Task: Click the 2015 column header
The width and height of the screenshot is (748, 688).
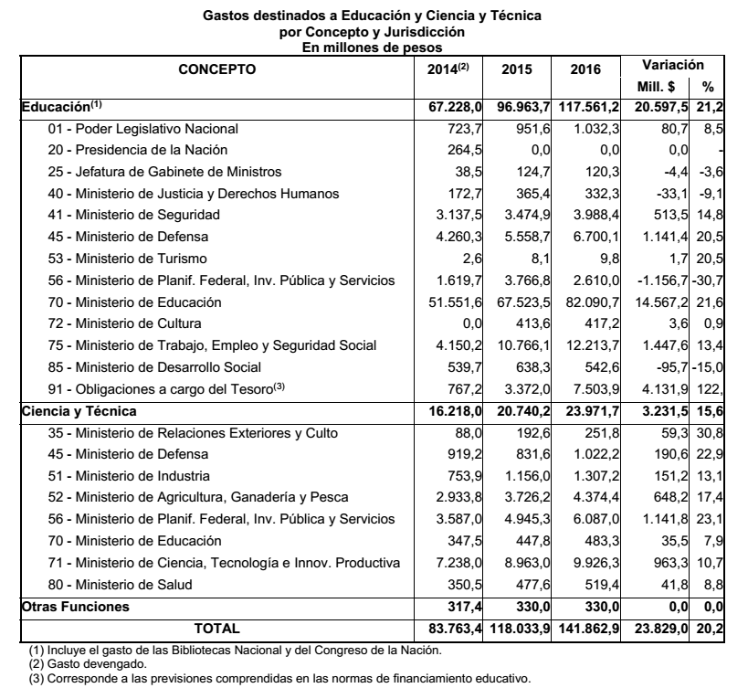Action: (517, 69)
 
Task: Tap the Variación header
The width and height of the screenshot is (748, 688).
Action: (672, 65)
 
